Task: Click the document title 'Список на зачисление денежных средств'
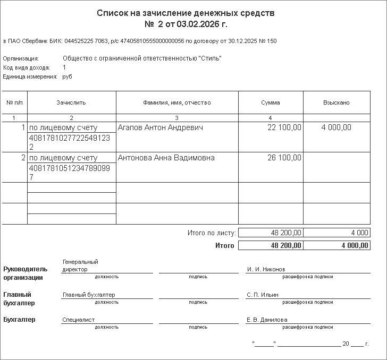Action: pos(193,13)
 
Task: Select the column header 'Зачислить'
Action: pos(71,102)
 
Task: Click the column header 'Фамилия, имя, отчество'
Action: pos(177,102)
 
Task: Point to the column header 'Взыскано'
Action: pos(336,102)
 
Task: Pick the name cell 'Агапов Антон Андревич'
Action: pos(160,127)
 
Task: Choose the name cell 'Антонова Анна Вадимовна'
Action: pos(166,158)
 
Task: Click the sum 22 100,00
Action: pos(284,127)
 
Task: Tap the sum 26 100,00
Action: pos(284,158)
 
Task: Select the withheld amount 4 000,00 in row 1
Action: pos(336,127)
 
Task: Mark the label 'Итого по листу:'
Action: pos(212,233)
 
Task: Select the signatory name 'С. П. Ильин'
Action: pos(263,295)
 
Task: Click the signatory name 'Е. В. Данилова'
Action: pos(267,320)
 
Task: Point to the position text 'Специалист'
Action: pos(79,320)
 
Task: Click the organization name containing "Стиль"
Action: pos(142,58)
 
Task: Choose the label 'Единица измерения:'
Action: pos(30,76)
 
